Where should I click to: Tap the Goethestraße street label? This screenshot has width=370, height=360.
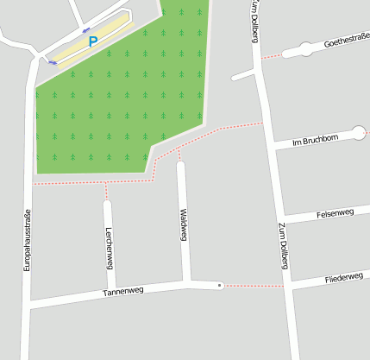[347, 40]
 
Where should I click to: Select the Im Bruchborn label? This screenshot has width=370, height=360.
[318, 139]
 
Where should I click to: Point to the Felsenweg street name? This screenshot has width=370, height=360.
[336, 212]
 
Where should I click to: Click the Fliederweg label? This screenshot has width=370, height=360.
[343, 279]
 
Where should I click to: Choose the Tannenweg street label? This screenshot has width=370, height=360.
[122, 292]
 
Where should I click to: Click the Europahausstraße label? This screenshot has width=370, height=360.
[27, 243]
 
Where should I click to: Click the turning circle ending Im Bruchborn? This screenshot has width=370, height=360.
[360, 132]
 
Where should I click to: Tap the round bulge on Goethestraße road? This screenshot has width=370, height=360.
[305, 49]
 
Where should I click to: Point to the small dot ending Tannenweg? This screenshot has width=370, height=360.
[220, 284]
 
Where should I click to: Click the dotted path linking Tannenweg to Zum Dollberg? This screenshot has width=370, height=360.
[253, 285]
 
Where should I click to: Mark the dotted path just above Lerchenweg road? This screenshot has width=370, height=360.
[106, 191]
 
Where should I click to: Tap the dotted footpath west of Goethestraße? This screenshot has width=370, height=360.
[272, 56]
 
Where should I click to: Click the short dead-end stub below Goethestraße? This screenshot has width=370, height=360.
[244, 77]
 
